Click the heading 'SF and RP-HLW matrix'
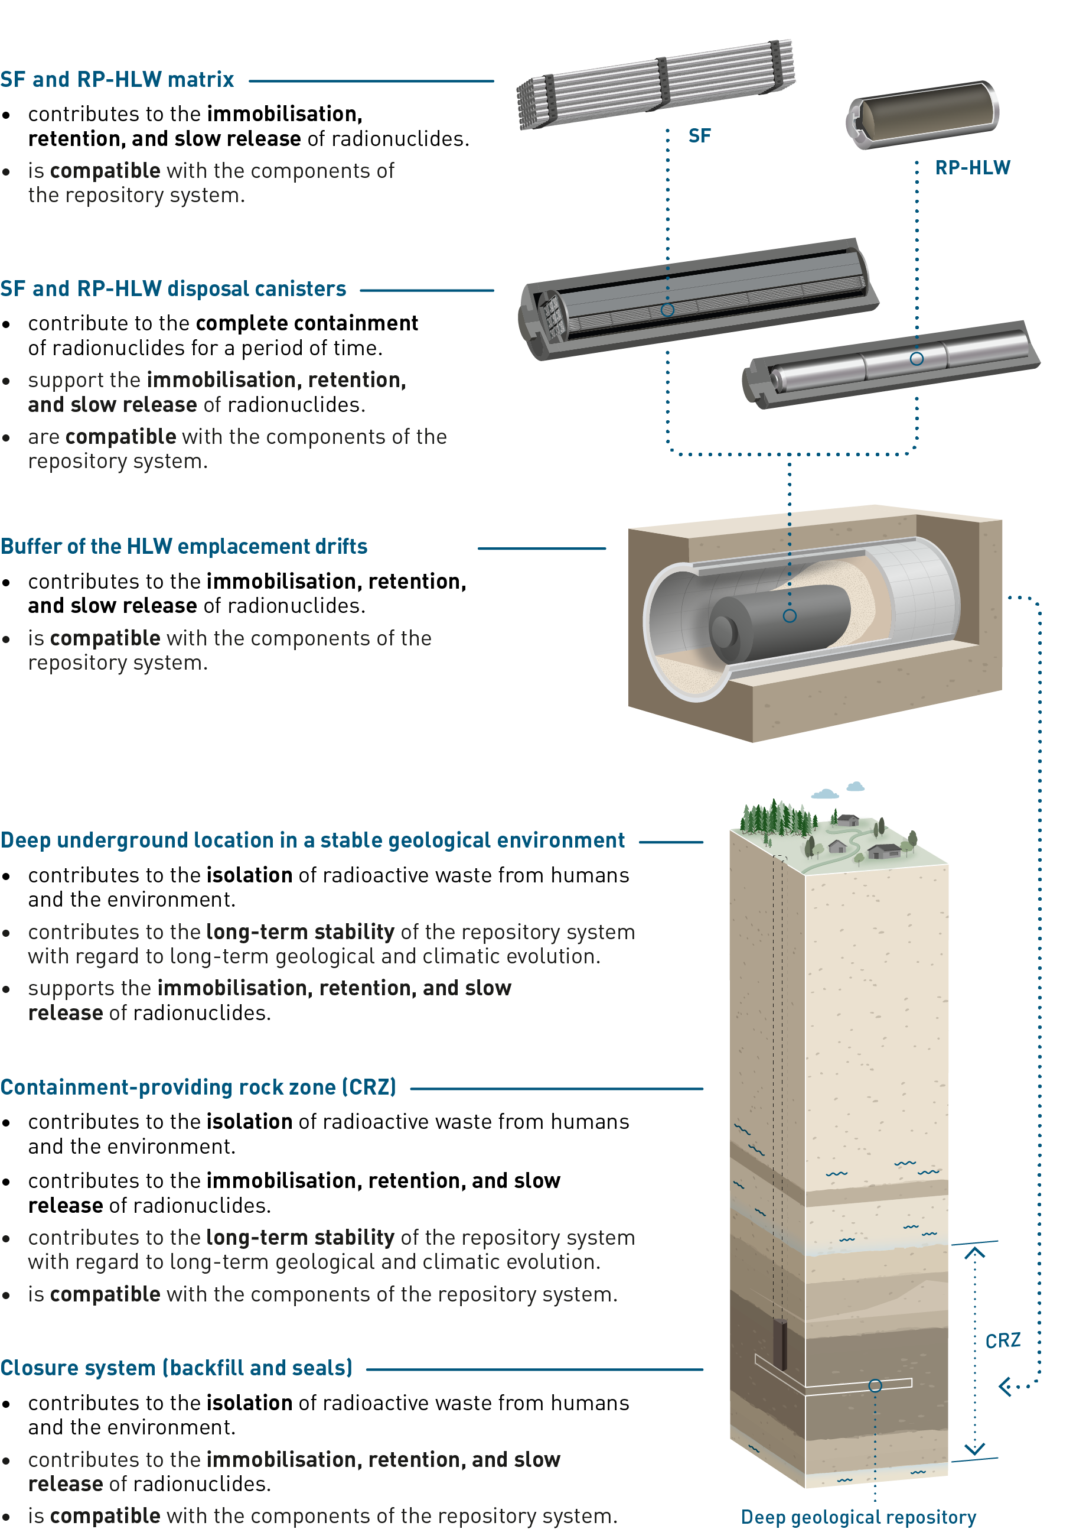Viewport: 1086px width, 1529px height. [x=117, y=80]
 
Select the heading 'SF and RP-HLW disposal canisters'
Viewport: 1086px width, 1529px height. [x=173, y=289]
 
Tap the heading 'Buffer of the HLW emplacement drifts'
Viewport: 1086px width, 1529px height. [x=184, y=547]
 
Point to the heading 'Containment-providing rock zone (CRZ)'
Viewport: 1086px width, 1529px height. [x=198, y=1087]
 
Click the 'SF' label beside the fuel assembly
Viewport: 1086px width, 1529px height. [x=699, y=136]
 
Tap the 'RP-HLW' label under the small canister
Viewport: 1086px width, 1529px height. [x=972, y=167]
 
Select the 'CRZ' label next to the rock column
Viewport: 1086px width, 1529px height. [x=1002, y=1341]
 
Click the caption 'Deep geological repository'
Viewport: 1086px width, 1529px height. [x=859, y=1517]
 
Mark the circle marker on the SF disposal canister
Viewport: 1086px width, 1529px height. [x=667, y=310]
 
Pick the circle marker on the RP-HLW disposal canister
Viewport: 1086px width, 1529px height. [x=917, y=359]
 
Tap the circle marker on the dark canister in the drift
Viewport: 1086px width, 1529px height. [x=790, y=616]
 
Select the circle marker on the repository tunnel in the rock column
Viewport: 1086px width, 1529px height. [x=875, y=1386]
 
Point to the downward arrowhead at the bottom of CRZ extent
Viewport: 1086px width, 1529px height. [x=975, y=1449]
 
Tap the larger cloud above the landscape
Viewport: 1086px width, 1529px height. [x=825, y=794]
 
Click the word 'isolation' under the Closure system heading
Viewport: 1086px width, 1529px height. [x=249, y=1403]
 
